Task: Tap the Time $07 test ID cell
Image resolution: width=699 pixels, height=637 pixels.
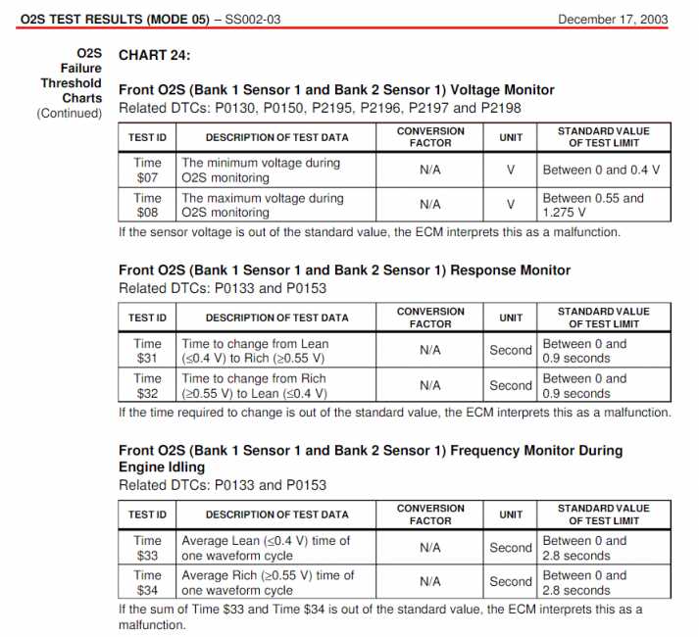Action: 148,171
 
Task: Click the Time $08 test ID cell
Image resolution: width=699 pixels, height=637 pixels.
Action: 148,205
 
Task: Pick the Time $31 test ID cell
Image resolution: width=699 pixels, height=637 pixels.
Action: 148,351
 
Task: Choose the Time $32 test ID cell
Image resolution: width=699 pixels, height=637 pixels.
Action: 148,385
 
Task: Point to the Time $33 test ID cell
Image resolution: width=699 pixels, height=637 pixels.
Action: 148,548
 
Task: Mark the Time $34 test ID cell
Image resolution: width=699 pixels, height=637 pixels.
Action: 148,582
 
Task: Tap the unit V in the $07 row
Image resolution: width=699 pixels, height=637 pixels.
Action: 511,171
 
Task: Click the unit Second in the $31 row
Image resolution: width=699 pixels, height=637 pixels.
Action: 511,351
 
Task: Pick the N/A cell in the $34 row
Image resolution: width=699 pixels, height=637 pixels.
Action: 430,582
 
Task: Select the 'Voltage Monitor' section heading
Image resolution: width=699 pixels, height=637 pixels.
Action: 336,90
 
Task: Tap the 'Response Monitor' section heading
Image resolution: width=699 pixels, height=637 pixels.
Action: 344,270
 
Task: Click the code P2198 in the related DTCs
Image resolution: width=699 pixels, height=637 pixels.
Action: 500,107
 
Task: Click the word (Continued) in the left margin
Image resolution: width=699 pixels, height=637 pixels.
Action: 70,113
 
